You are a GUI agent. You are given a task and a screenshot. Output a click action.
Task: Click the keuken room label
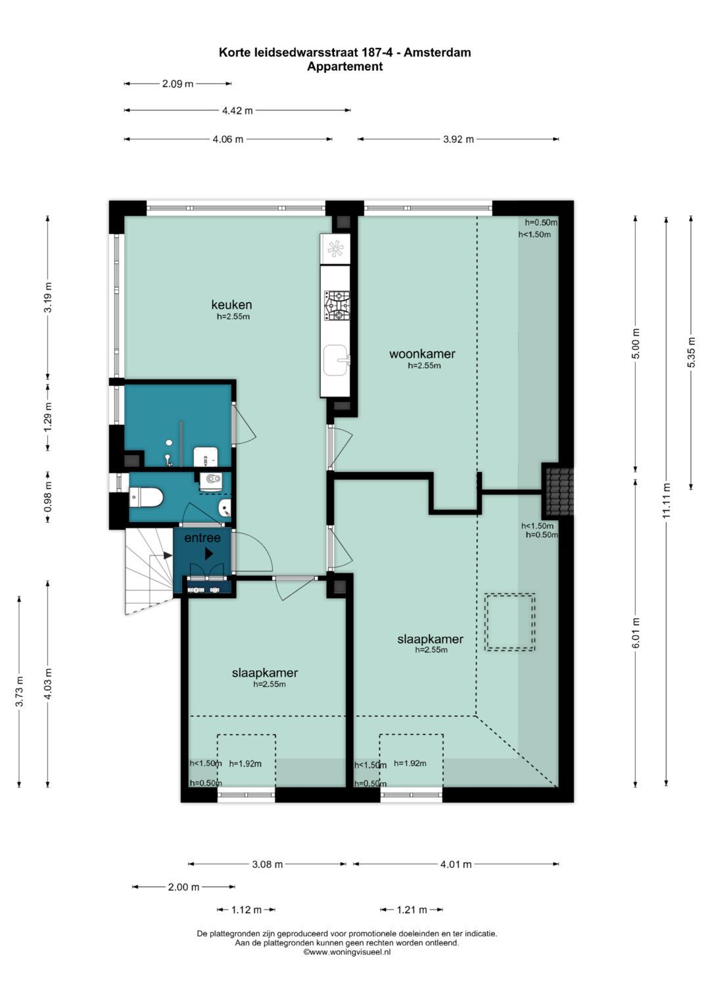(x=231, y=305)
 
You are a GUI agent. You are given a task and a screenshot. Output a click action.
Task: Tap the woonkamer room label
(x=422, y=354)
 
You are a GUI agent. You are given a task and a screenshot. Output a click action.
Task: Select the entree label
(x=202, y=537)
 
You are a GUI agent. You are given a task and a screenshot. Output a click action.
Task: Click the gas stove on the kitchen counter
(x=337, y=306)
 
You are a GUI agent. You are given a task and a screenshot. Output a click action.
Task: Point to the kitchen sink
(x=336, y=360)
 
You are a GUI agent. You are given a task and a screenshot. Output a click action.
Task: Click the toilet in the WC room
(x=146, y=498)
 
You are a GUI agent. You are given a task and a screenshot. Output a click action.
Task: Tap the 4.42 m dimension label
(x=237, y=110)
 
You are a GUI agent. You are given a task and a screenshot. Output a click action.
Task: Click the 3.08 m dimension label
(x=267, y=864)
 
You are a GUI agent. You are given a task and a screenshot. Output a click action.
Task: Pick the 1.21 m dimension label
(x=412, y=910)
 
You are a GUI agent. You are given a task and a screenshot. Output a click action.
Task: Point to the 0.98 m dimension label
(x=49, y=496)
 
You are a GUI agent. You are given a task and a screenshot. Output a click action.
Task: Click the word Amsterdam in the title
(x=437, y=53)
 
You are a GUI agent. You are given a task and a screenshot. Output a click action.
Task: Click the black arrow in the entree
(x=209, y=554)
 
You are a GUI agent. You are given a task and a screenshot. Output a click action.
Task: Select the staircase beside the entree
(x=149, y=571)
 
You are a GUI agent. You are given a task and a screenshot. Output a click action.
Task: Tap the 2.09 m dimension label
(x=177, y=84)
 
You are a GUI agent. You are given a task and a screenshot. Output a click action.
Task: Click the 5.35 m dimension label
(x=691, y=352)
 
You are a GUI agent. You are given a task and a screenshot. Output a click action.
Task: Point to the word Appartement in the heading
(x=344, y=67)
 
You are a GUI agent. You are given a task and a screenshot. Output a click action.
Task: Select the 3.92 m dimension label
(x=458, y=139)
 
